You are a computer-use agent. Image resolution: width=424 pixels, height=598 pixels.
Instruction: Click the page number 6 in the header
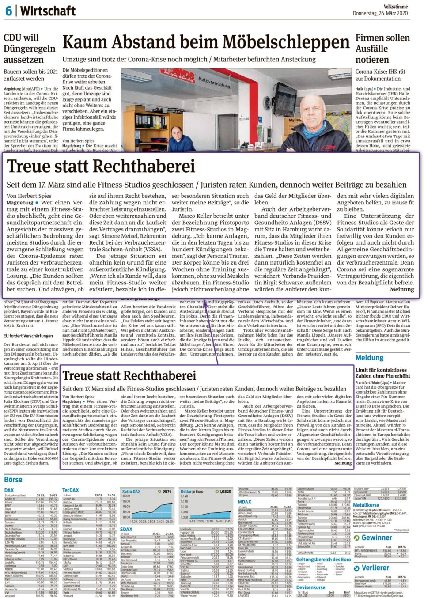coord(8,11)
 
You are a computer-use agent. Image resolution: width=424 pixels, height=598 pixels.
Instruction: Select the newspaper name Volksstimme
coord(396,7)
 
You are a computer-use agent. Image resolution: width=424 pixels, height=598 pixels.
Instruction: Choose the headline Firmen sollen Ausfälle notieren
coord(382,49)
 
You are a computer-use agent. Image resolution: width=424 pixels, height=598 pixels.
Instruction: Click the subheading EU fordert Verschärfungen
coord(28,336)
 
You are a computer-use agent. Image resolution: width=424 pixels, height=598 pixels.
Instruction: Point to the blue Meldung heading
coord(369,357)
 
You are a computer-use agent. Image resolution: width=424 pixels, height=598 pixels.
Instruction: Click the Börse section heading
coord(13,479)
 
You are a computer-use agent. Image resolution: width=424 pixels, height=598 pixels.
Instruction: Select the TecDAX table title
coord(70,490)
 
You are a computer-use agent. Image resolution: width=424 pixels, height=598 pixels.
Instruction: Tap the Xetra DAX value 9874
coord(167,491)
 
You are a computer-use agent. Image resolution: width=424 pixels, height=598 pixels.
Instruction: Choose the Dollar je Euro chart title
coord(192,491)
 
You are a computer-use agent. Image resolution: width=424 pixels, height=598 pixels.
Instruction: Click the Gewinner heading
coord(377,537)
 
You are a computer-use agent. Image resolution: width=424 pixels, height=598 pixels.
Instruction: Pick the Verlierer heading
coord(375,568)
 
